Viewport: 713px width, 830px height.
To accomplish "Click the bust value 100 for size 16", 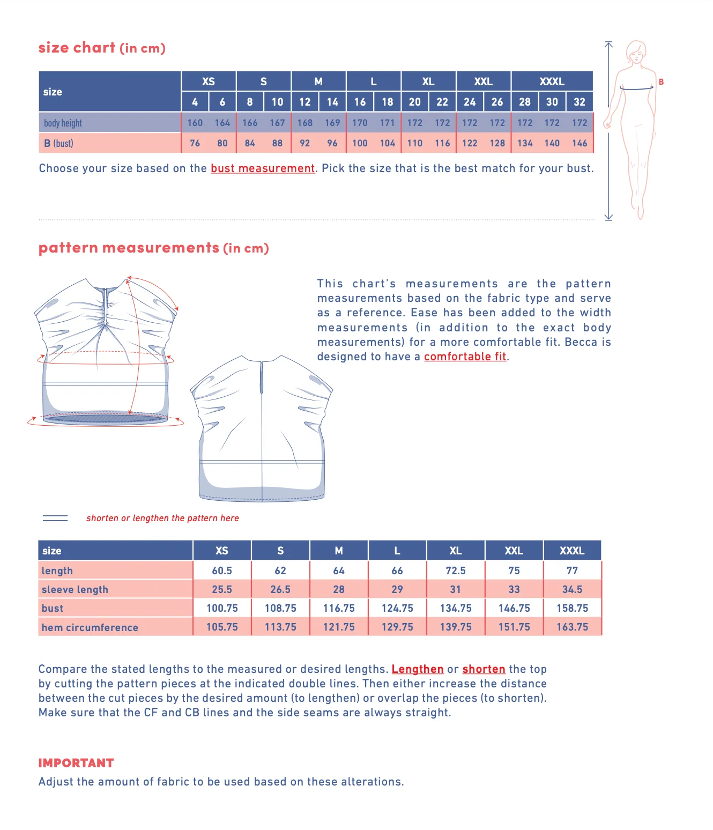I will [x=360, y=143].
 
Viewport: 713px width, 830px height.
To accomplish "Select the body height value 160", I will [x=195, y=123].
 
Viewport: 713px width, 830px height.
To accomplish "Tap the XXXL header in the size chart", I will [x=552, y=81].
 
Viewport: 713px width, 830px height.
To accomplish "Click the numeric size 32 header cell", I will [x=580, y=102].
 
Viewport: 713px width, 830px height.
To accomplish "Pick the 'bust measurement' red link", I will [x=263, y=168].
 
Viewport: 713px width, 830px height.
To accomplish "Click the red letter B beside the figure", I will [x=661, y=82].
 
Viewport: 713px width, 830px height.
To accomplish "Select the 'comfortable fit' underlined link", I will [x=465, y=357].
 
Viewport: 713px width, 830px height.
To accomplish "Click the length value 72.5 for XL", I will [x=456, y=570].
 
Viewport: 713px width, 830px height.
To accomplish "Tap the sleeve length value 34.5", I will [x=572, y=589].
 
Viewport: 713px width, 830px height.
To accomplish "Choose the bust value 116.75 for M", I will [x=339, y=608].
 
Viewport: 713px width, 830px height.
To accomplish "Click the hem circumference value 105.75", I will [x=222, y=627].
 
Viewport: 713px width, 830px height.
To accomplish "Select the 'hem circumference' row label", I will [x=90, y=627].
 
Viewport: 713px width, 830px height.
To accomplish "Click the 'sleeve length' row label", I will [x=75, y=590].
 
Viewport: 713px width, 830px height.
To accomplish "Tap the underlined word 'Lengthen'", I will [x=418, y=669].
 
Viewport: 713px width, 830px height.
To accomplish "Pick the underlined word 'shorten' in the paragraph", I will [x=484, y=669].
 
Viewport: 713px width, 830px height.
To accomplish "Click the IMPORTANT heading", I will [x=76, y=763].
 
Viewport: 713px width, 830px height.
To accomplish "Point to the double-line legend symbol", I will [x=55, y=518].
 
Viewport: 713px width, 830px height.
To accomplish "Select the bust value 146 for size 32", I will [x=580, y=143].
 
